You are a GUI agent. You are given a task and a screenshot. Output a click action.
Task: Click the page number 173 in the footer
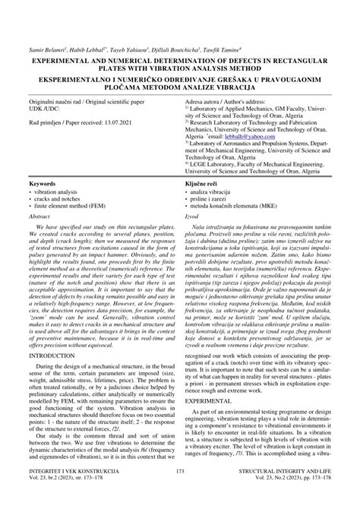(x=180, y=492)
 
